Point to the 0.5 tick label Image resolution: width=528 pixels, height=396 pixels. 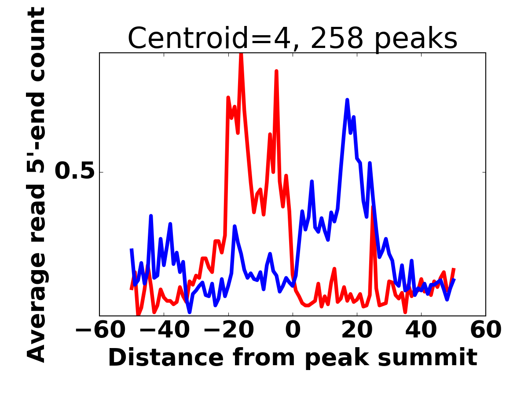(74, 172)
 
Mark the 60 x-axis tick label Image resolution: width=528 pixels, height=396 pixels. (485, 330)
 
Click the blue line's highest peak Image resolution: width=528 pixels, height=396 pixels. (347, 100)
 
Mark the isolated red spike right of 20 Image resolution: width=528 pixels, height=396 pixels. (372, 207)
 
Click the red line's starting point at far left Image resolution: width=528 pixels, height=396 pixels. (131, 289)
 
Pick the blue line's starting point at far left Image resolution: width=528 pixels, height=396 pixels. (131, 249)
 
